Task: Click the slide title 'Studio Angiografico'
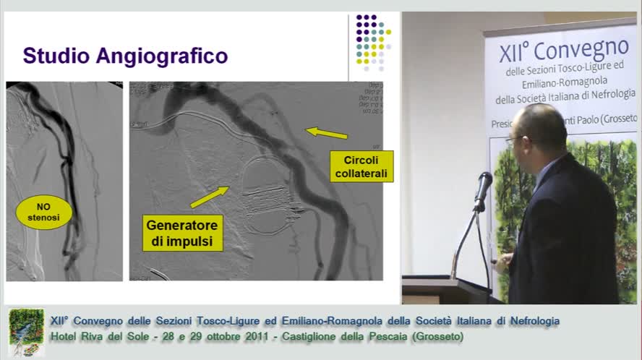(x=125, y=56)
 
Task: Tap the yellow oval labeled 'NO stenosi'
(x=44, y=213)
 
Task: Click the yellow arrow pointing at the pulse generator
(x=209, y=196)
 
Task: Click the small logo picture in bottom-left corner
(x=26, y=330)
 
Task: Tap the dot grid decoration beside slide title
(x=372, y=42)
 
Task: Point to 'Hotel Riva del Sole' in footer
(x=98, y=337)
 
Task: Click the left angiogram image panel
(x=64, y=181)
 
